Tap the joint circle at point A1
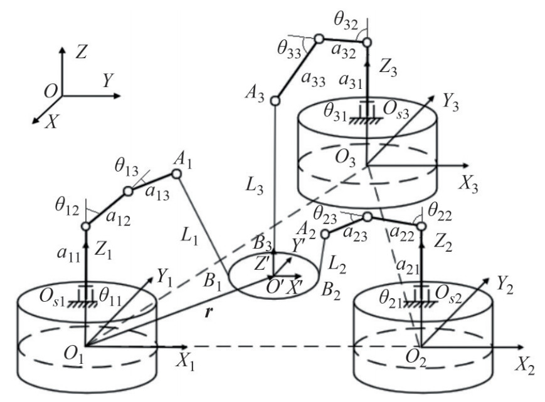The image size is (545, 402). point(176,173)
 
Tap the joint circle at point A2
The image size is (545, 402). point(325,234)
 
